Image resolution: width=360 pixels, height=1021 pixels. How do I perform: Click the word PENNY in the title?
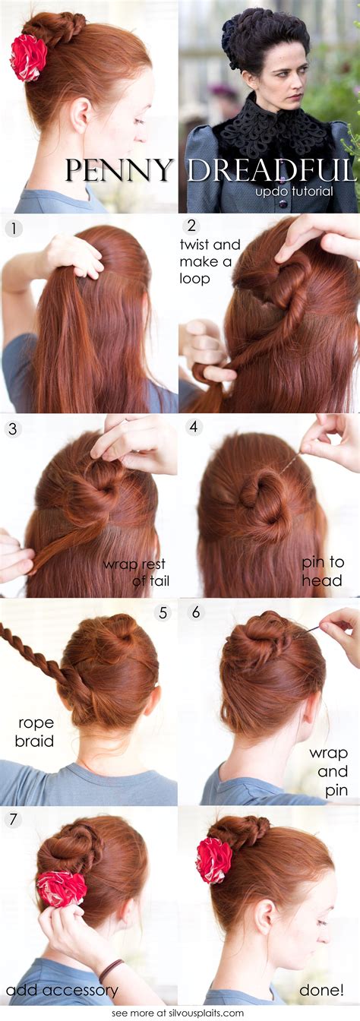[x=119, y=170]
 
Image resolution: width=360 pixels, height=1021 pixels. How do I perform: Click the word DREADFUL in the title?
[x=272, y=170]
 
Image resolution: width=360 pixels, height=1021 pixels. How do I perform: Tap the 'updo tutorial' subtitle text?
[x=294, y=191]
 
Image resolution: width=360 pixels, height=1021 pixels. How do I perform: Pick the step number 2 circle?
[x=191, y=226]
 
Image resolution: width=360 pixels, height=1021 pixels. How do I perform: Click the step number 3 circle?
[x=13, y=429]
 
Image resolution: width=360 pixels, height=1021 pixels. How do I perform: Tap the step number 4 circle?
[x=194, y=427]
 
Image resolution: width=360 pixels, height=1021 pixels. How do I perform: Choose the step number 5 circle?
[x=163, y=612]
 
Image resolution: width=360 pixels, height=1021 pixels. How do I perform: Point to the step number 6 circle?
[x=196, y=612]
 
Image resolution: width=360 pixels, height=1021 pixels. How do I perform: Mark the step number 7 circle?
[x=13, y=819]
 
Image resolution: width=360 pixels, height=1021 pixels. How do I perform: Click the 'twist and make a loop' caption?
[x=210, y=261]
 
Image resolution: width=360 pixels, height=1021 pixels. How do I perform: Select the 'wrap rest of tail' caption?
[x=136, y=573]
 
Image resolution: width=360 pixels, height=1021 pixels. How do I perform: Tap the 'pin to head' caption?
[x=323, y=571]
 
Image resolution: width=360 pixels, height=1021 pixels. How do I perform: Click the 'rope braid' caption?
[x=35, y=732]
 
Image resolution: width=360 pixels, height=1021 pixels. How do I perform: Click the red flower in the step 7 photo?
[x=62, y=888]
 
